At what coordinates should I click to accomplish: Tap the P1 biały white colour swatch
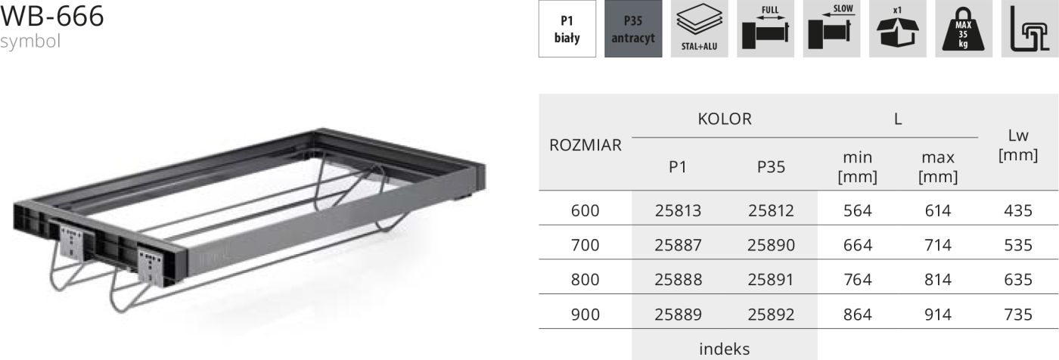point(567,29)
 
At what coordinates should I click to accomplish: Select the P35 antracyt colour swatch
point(633,29)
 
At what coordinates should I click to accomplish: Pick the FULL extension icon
point(766,29)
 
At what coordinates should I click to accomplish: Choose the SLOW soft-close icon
point(831,29)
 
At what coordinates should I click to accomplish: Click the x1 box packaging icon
point(897,29)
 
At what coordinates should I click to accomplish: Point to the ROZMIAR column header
point(585,145)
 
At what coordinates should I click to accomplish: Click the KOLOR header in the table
point(724,119)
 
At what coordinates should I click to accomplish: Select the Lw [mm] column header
point(1017,145)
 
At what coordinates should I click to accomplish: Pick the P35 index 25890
point(771,245)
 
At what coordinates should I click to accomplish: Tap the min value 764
point(857,280)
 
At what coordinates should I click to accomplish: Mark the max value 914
point(937,314)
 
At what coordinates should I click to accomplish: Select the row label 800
point(585,280)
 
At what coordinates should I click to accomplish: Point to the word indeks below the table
point(724,349)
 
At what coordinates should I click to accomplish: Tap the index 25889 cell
point(678,314)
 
